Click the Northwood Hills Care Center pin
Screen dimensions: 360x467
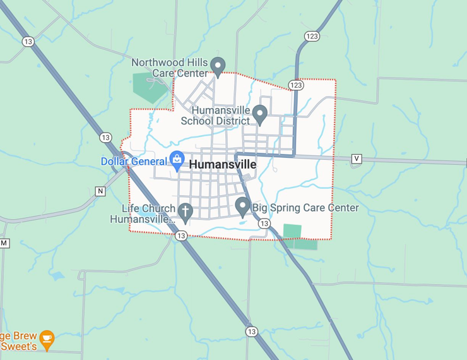(x=218, y=65)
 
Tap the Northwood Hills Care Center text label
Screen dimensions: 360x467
(x=169, y=68)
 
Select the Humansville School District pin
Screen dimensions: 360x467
(x=260, y=114)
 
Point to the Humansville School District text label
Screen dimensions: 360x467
(x=211, y=115)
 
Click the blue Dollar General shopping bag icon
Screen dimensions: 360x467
(x=177, y=159)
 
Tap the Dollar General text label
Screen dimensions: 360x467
(x=133, y=162)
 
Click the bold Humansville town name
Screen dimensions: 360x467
(x=223, y=164)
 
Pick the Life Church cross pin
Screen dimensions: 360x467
(x=185, y=212)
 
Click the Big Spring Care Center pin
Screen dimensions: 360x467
(x=242, y=205)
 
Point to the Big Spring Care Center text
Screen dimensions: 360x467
(x=305, y=208)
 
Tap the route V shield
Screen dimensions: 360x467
(x=357, y=159)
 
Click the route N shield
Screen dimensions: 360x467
(x=100, y=191)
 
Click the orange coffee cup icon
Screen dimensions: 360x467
(x=47, y=339)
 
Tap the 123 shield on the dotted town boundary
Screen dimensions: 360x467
(x=296, y=85)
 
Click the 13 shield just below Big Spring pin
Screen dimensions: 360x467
(x=264, y=224)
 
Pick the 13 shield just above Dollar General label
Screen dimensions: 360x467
(x=105, y=137)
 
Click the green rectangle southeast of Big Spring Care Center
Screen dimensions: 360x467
(x=293, y=231)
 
